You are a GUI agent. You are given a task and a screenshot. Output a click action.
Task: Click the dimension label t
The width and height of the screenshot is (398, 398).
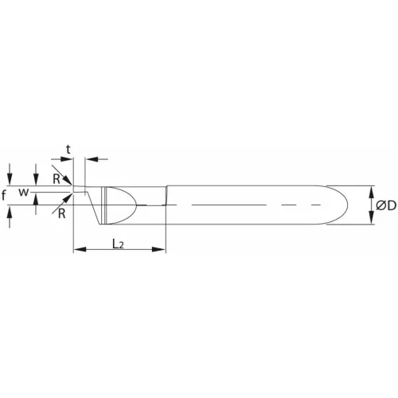69,148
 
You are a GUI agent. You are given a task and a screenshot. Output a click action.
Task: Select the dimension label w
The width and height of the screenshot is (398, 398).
24,193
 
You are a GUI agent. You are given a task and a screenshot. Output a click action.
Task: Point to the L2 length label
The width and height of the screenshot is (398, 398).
117,244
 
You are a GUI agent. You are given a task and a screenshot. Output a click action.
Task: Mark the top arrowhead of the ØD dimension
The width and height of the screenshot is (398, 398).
371,189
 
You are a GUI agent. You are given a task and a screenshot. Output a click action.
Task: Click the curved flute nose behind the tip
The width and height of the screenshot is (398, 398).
119,205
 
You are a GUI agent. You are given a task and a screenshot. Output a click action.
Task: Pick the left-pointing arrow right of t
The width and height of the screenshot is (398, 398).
90,160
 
